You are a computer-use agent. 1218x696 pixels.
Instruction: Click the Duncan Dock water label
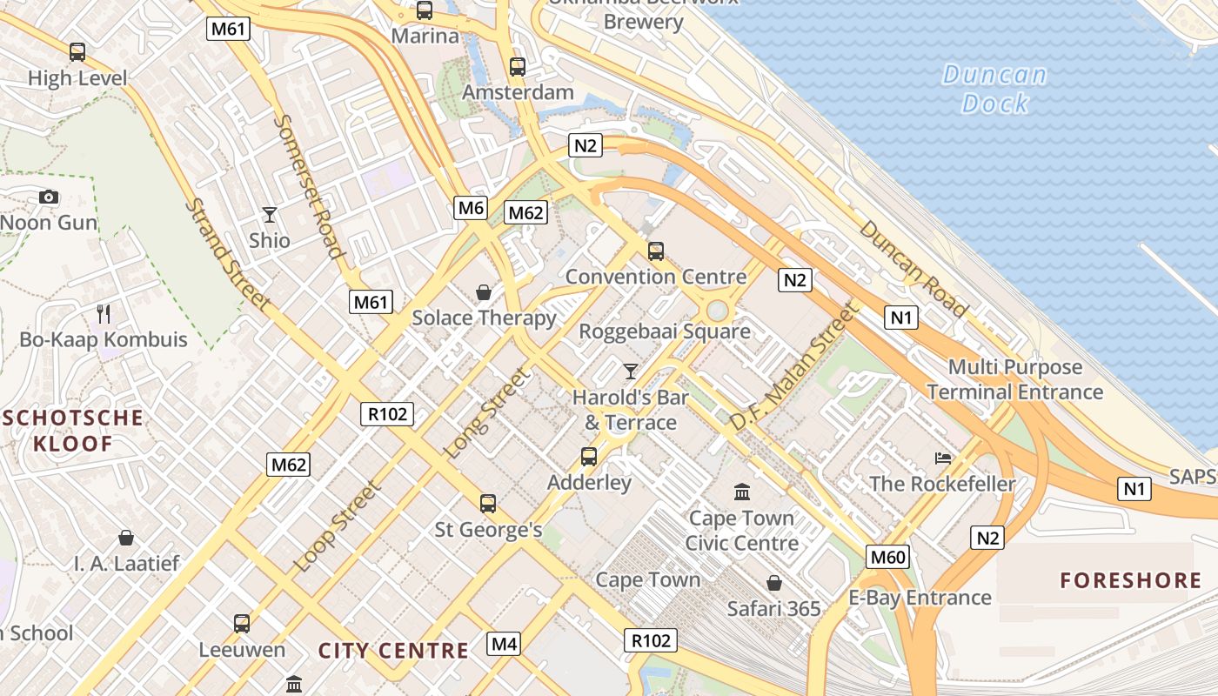(994, 89)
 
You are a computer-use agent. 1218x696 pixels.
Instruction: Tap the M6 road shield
(470, 207)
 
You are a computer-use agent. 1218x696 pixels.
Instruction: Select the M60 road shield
(887, 557)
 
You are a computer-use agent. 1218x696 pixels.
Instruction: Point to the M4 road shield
(505, 644)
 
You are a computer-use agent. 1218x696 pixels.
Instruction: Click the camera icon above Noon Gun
(49, 197)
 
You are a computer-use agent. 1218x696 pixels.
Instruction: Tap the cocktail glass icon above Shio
(270, 214)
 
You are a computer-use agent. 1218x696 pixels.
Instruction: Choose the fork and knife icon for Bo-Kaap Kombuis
(104, 313)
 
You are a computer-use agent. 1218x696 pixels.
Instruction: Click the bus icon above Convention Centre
(656, 251)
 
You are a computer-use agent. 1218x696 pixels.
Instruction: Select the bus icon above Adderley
(589, 456)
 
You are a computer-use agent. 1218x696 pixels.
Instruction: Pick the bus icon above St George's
(488, 503)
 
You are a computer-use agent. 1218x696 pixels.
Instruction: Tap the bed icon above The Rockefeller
(942, 458)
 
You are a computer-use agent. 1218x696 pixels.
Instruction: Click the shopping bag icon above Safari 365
(773, 582)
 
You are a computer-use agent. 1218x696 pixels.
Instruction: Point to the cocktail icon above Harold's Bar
(631, 371)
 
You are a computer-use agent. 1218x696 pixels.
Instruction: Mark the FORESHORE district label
(1130, 580)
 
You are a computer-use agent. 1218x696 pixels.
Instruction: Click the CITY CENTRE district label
(393, 650)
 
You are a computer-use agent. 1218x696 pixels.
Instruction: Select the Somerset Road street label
(308, 186)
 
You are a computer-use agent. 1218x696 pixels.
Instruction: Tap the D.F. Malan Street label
(793, 366)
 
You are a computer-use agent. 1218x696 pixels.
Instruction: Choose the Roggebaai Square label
(665, 331)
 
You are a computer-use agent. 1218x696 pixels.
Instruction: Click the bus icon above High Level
(77, 52)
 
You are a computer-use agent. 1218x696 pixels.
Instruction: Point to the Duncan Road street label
(913, 268)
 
